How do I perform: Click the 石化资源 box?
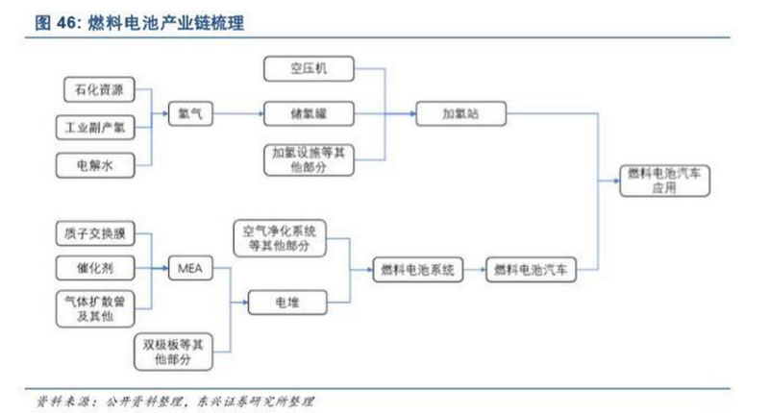[x=94, y=90]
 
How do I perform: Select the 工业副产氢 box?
[x=94, y=126]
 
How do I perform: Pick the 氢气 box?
[x=188, y=113]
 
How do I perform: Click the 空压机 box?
[x=308, y=69]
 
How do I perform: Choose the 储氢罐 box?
[x=308, y=113]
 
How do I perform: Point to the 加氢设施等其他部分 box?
[x=308, y=158]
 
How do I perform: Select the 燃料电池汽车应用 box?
[x=664, y=181]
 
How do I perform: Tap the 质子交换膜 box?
[x=94, y=231]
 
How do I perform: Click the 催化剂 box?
[x=94, y=268]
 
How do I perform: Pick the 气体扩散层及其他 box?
[x=94, y=307]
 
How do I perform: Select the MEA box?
[x=188, y=268]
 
